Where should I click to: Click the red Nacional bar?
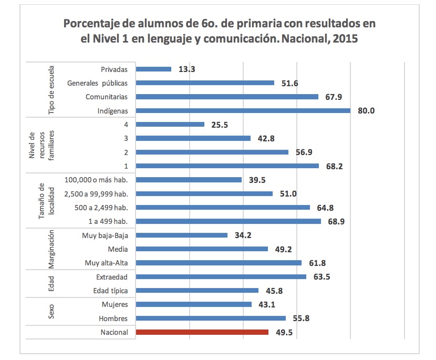pyautogui.click(x=202, y=332)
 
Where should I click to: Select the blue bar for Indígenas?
pyautogui.click(x=243, y=110)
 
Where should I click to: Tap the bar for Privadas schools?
pyautogui.click(x=153, y=69)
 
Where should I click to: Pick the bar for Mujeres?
pyautogui.click(x=194, y=304)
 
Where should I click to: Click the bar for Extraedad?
pyautogui.click(x=221, y=276)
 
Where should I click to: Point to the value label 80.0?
pyautogui.click(x=366, y=111)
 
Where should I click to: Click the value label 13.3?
pyautogui.click(x=187, y=69)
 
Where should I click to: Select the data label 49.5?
pyautogui.click(x=284, y=332)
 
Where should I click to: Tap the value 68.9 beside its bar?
pyautogui.click(x=336, y=221)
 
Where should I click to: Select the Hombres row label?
pyautogui.click(x=113, y=318)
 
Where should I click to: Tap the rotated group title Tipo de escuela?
pyautogui.click(x=51, y=90)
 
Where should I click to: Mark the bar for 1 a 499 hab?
pyautogui.click(x=229, y=221)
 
